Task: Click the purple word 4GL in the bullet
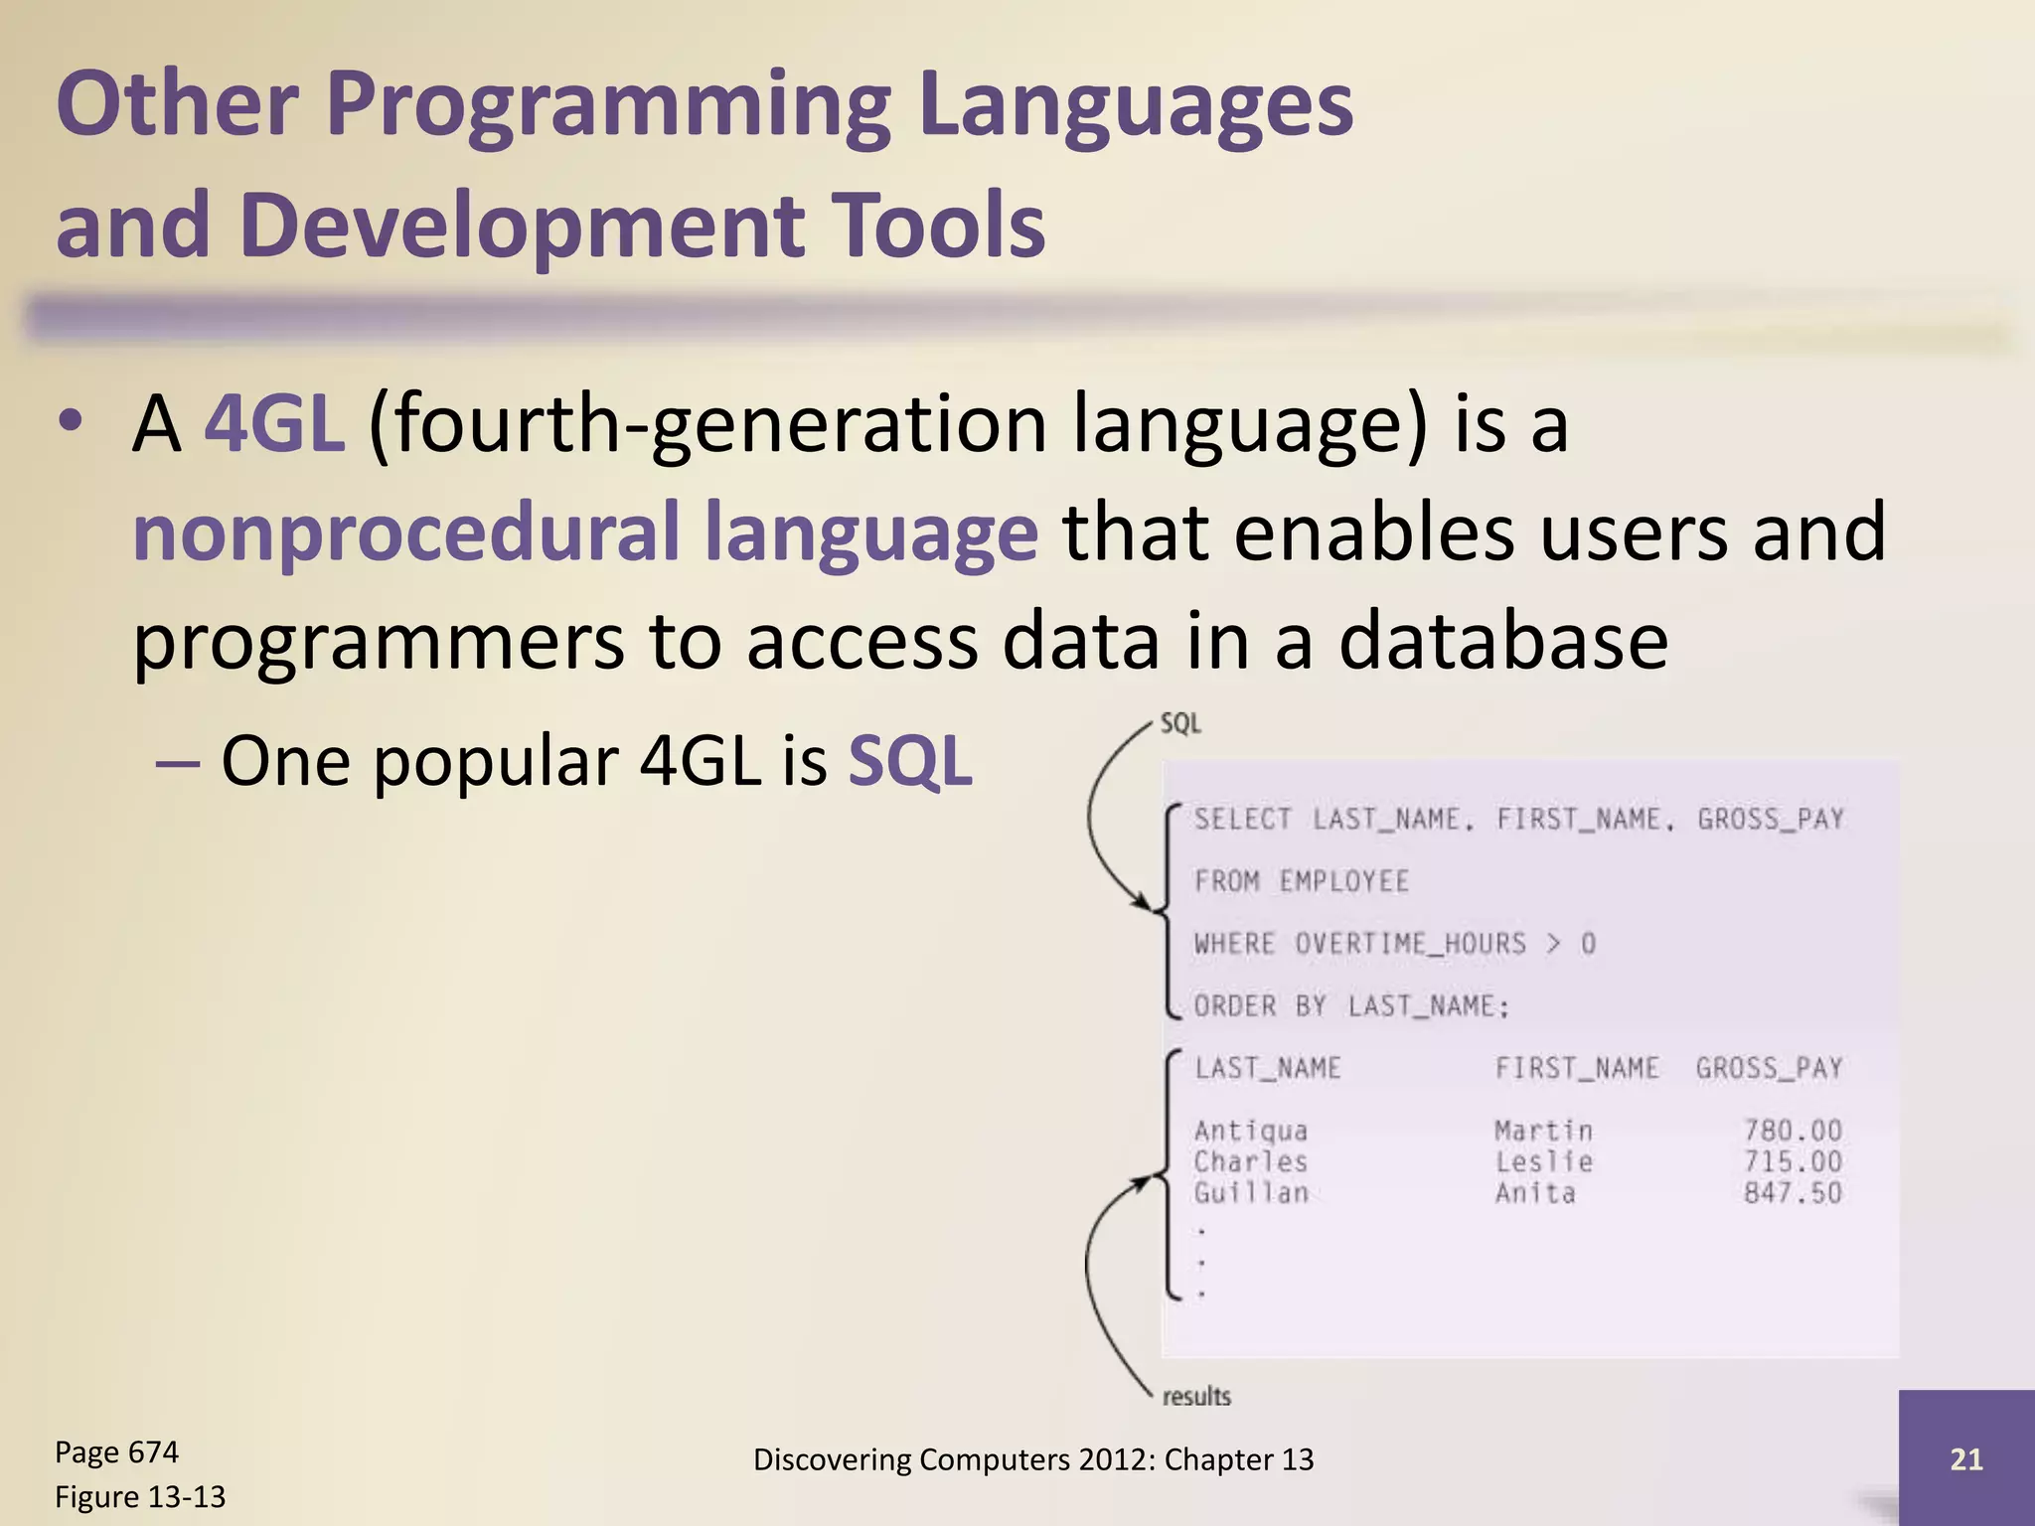pos(274,425)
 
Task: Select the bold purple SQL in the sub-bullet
pos(909,762)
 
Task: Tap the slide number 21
pos(1965,1458)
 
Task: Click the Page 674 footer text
pos(116,1452)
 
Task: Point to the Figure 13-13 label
pos(140,1496)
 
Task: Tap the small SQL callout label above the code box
pos(1180,723)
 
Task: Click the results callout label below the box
pos(1196,1397)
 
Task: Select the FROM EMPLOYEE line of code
pos(1301,881)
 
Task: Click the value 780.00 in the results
pos(1793,1131)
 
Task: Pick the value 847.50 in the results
pos(1793,1193)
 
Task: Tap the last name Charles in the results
pos(1250,1161)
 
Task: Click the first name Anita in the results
pos(1535,1193)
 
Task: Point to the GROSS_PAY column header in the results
pos(1769,1068)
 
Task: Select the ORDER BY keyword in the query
pos(1260,1006)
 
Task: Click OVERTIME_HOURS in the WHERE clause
pos(1410,944)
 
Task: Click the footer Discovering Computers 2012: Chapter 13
pos(1033,1459)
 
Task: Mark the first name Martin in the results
pos(1543,1131)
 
